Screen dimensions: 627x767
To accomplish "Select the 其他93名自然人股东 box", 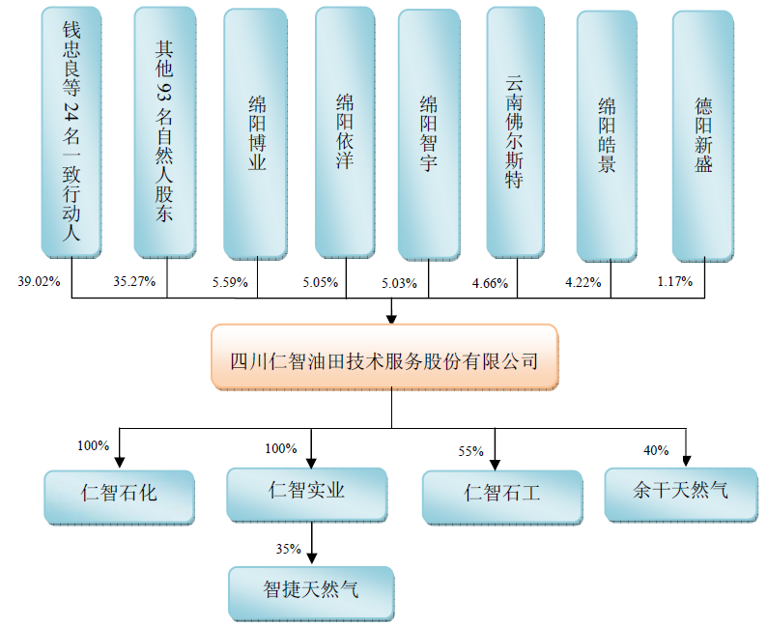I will click(x=164, y=132).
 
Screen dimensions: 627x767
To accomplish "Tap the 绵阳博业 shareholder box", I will click(x=255, y=132).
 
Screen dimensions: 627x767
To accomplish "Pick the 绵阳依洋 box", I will click(x=345, y=132).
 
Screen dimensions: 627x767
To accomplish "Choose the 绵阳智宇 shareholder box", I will click(x=428, y=134).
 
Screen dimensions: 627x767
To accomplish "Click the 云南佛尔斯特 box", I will click(x=516, y=132).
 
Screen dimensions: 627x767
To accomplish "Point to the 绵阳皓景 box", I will click(x=607, y=134).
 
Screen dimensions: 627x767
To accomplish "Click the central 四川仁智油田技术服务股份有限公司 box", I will click(x=383, y=357).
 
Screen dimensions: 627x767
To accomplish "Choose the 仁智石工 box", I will click(x=501, y=495).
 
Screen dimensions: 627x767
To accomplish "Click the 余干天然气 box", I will click(x=680, y=492).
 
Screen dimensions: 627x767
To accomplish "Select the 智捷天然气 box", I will click(x=311, y=592).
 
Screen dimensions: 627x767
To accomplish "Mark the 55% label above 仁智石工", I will click(x=470, y=451).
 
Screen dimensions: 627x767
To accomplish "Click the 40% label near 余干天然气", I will click(x=657, y=449).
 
